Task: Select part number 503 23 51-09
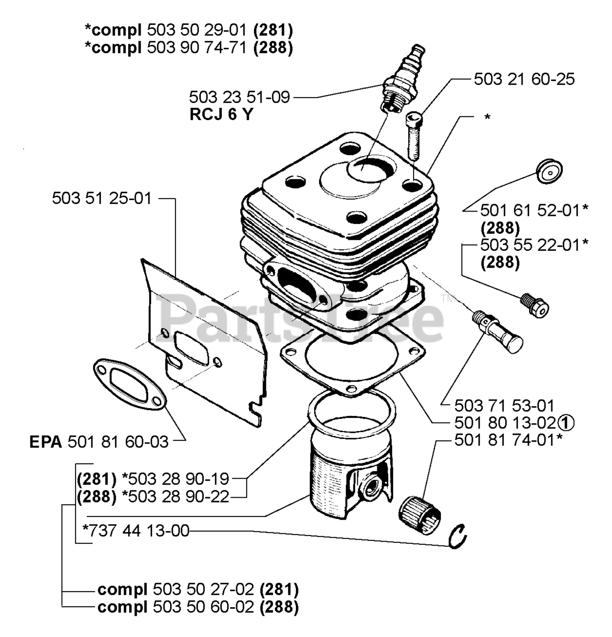pyautogui.click(x=239, y=97)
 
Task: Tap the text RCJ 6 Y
pyautogui.click(x=221, y=114)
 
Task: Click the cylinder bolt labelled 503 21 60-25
pyautogui.click(x=413, y=134)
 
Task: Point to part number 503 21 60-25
pyautogui.click(x=524, y=80)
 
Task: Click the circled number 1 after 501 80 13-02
pyautogui.click(x=566, y=423)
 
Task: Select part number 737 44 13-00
pyautogui.click(x=137, y=531)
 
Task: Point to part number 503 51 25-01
pyautogui.click(x=101, y=199)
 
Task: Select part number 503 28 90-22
pyautogui.click(x=178, y=496)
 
